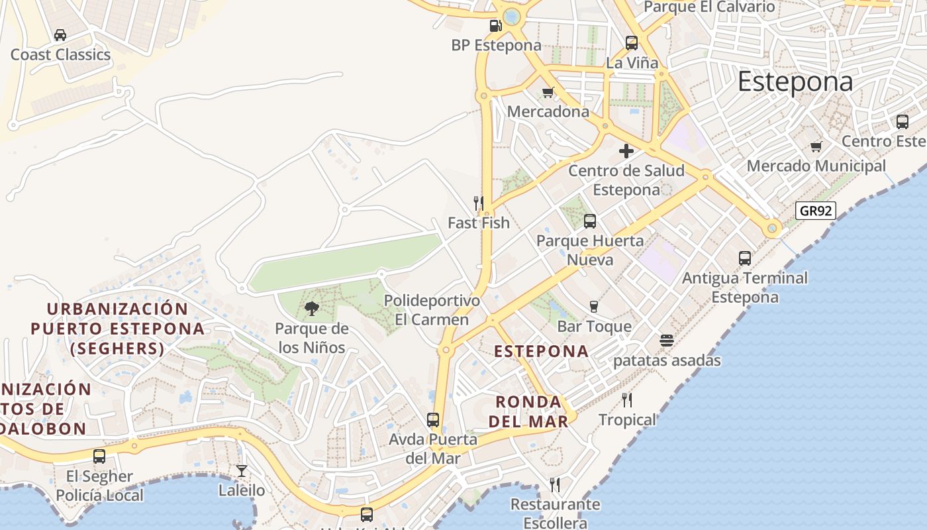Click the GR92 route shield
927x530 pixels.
pos(815,211)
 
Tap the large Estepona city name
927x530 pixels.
pos(795,82)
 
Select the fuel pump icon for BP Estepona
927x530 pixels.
pos(495,26)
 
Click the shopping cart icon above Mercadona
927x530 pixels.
pos(548,92)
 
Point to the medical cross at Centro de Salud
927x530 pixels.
pos(626,151)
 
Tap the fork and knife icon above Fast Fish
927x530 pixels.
pos(478,203)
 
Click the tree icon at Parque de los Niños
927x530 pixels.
pos(311,308)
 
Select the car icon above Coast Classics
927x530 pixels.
pos(60,35)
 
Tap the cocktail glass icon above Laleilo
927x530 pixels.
pos(242,471)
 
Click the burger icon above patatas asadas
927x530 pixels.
pos(666,341)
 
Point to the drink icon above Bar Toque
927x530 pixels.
pos(594,306)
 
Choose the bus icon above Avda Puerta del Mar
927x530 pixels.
pos(432,419)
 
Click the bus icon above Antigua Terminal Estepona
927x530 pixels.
pos(745,258)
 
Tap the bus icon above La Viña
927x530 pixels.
pos(632,43)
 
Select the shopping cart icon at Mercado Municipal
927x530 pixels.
pos(816,146)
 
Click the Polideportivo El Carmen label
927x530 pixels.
pos(432,310)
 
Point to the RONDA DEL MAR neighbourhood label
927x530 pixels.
pos(528,411)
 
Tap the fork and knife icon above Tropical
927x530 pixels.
pos(626,399)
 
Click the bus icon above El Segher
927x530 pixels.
pos(99,456)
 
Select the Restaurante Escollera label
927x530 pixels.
pos(555,513)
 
